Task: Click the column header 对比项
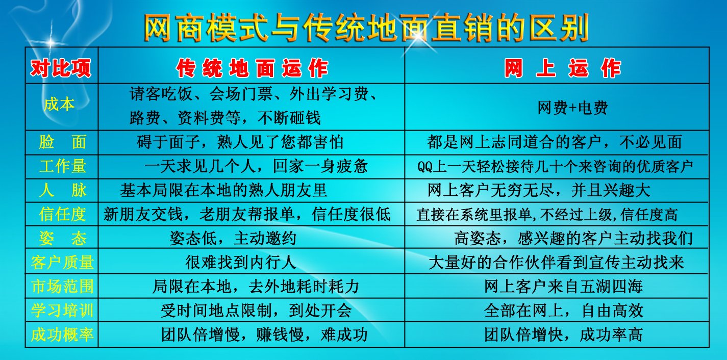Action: coord(61,68)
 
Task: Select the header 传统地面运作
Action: coord(252,68)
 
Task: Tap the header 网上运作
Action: coord(562,68)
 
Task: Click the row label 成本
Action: coord(59,105)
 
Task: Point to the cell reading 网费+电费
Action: coord(572,108)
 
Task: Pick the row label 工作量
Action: coord(62,166)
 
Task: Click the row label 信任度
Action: coord(62,214)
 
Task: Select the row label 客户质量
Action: coord(62,262)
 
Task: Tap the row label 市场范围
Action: coord(62,286)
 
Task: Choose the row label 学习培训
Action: coord(62,310)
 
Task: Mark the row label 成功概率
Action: coord(62,335)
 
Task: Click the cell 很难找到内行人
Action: coord(241,262)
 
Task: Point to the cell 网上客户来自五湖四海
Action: coord(563,287)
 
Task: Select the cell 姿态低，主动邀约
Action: coord(233,238)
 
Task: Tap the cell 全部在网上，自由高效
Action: coord(563,311)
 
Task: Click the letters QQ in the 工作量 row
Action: coord(425,167)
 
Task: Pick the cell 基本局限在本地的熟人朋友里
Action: coord(223,190)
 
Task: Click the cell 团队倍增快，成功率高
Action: coord(563,335)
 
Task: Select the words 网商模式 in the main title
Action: coord(206,28)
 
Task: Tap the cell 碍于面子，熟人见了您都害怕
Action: coord(240,142)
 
